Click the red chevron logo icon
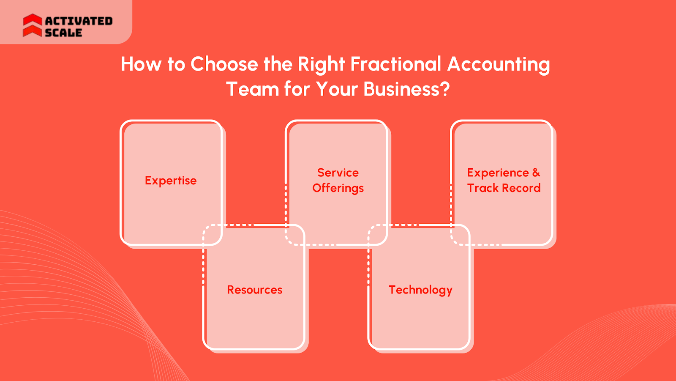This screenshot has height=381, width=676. click(x=32, y=25)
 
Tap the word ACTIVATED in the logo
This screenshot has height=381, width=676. click(x=79, y=21)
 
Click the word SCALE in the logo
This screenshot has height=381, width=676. click(x=63, y=33)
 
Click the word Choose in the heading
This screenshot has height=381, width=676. click(x=224, y=64)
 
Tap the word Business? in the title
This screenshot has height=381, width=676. click(x=406, y=89)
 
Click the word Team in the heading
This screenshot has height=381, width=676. click(x=252, y=89)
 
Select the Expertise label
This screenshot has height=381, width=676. click(x=171, y=181)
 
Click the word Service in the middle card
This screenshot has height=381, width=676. click(x=338, y=173)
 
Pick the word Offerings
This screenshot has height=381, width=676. click(x=338, y=188)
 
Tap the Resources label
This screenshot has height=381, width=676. click(x=254, y=290)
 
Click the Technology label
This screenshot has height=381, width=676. click(x=420, y=290)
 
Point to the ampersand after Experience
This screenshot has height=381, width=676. click(x=536, y=173)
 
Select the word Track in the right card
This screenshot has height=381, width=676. click(x=482, y=188)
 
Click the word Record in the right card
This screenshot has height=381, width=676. click(x=521, y=188)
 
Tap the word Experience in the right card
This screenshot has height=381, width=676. click(x=498, y=173)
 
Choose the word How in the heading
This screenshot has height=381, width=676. click(x=141, y=64)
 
